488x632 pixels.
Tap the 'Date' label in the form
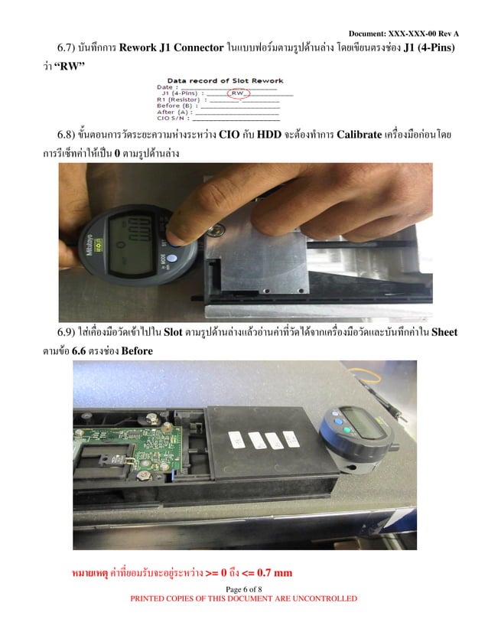167,87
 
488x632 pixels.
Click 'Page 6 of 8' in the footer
244,588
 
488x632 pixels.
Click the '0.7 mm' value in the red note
274,572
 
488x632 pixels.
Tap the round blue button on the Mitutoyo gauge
172,260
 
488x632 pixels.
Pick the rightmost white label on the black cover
290,438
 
